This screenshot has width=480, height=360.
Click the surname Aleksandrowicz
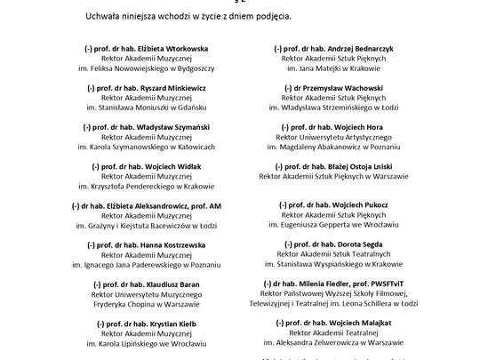[x=162, y=205]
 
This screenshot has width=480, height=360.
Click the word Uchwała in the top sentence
[x=105, y=17]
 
